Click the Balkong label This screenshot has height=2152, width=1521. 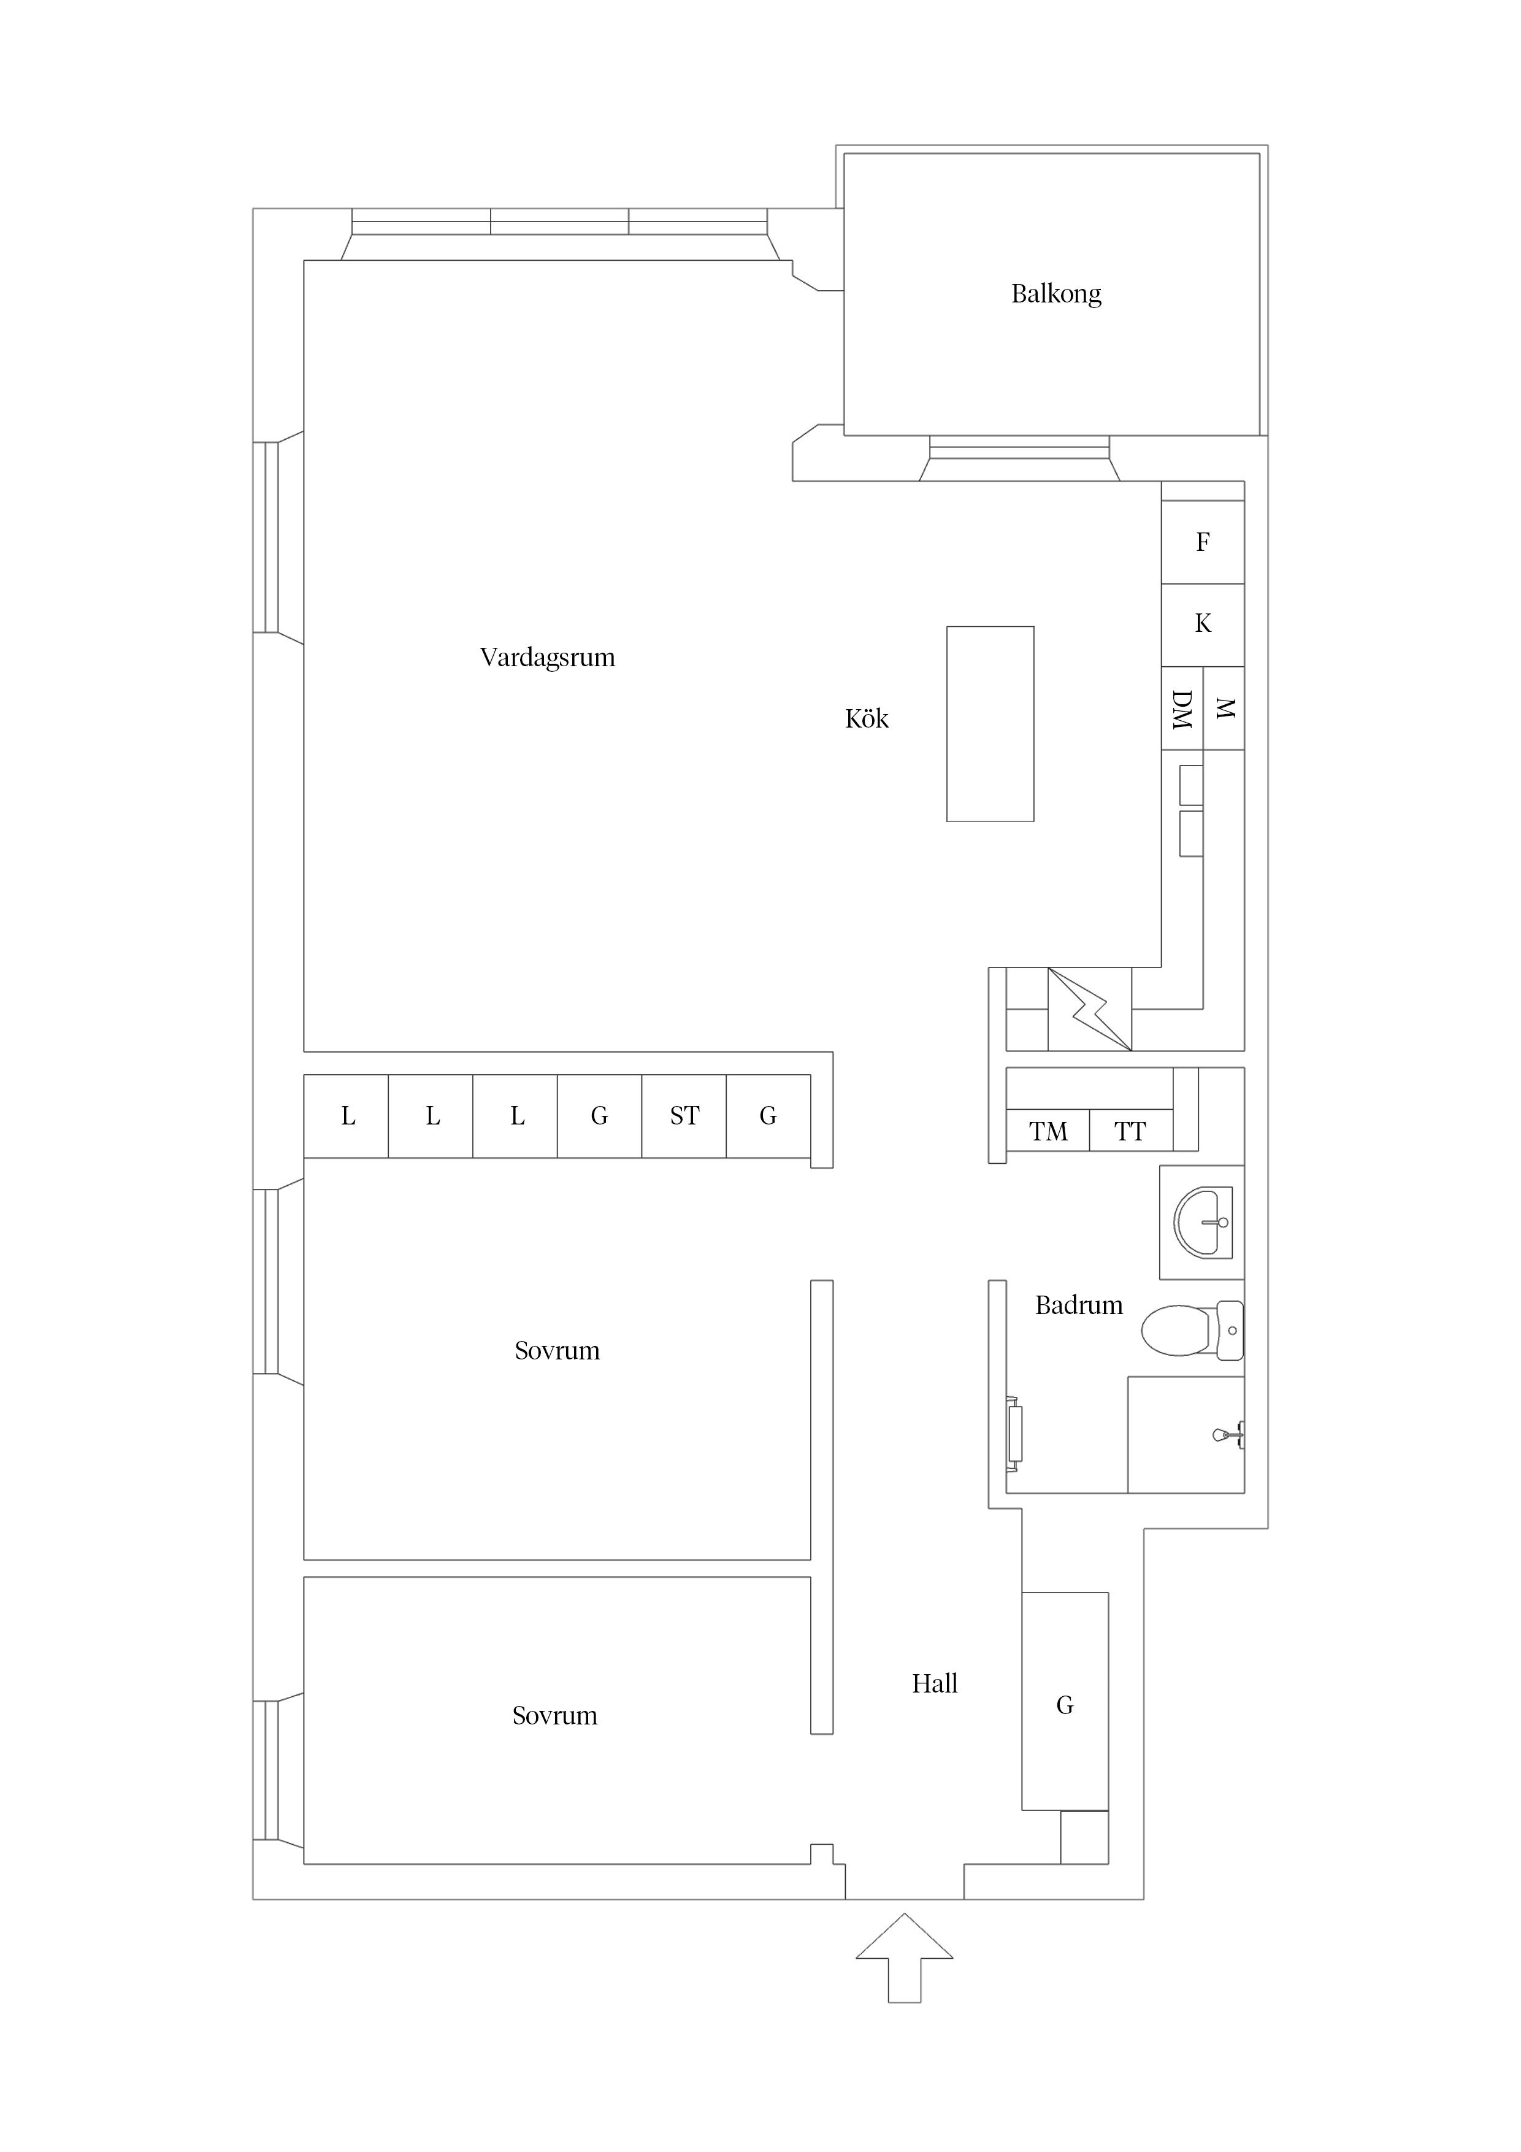coord(1056,294)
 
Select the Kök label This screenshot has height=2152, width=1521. coord(866,719)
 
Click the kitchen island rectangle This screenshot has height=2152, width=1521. coord(990,724)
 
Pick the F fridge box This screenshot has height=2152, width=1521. coord(1202,542)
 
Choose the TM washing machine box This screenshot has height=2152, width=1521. coord(1048,1131)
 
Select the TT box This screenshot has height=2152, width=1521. coord(1130,1131)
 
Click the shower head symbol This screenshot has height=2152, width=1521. coord(1226,1434)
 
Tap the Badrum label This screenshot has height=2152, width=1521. coord(1079,1305)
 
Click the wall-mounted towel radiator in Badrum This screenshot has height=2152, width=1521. coord(1014,1433)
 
